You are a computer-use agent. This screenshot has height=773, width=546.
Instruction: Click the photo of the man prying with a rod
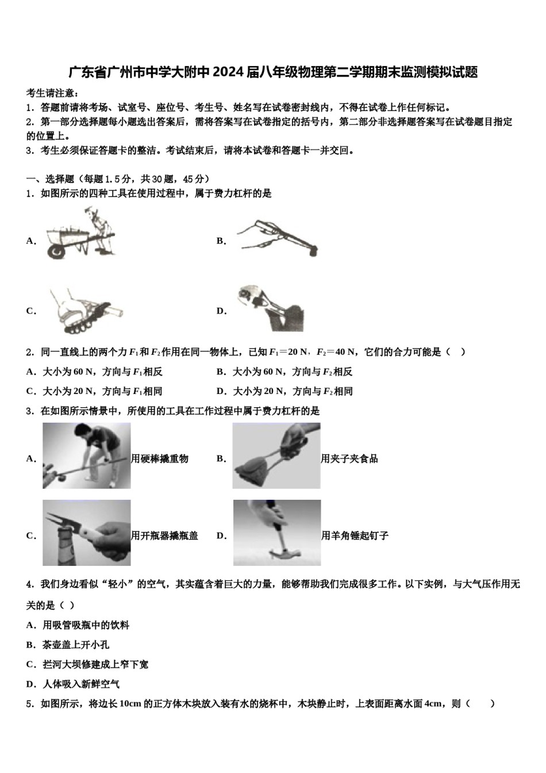(86, 456)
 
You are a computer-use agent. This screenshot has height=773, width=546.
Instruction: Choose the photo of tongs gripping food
(276, 456)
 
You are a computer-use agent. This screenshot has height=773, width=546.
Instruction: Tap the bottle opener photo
(86, 533)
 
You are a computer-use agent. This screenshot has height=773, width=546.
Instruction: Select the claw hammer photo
(276, 533)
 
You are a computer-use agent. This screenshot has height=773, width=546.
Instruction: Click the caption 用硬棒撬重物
(160, 459)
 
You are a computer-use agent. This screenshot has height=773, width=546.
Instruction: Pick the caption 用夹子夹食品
(349, 459)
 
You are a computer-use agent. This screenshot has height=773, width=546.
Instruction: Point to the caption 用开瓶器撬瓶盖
(164, 536)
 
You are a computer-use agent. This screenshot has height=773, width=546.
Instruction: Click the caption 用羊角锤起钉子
(355, 536)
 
